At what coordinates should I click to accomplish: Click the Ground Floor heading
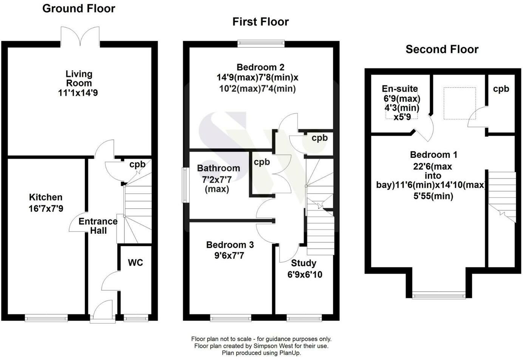click(79, 9)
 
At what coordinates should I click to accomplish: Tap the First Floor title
click(261, 22)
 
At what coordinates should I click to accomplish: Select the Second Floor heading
click(442, 49)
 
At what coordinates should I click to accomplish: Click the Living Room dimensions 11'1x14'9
click(78, 93)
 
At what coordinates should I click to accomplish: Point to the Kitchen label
click(46, 197)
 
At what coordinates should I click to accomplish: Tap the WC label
click(135, 263)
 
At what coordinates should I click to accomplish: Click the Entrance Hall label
click(98, 226)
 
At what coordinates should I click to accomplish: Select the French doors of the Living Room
click(80, 36)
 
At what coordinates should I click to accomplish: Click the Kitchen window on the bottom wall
click(46, 318)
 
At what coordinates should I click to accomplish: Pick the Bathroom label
click(218, 168)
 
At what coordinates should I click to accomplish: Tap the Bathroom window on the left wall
click(186, 185)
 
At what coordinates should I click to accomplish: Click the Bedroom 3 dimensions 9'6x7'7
click(229, 256)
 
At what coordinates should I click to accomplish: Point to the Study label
click(303, 263)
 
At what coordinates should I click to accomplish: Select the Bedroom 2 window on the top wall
click(261, 43)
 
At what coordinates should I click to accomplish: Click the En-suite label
click(400, 89)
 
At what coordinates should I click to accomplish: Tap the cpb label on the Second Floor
click(501, 89)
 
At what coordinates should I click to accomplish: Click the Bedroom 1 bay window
click(439, 295)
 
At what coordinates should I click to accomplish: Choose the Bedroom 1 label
click(433, 155)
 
